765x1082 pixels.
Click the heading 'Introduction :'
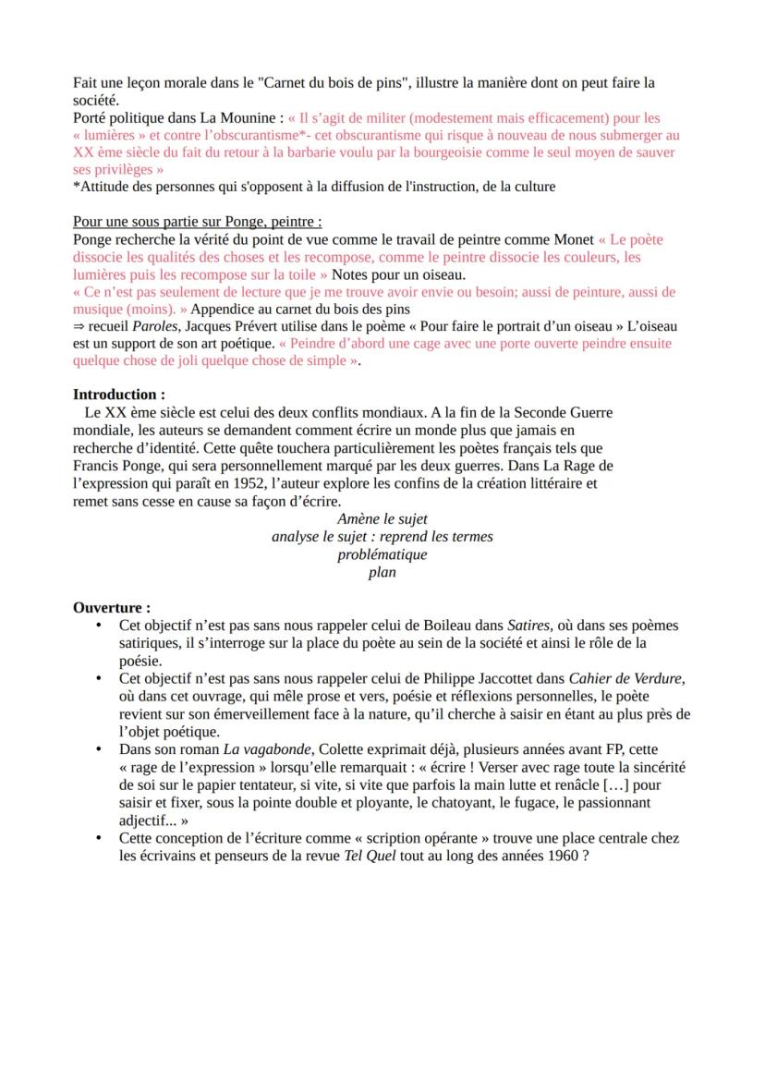[119, 394]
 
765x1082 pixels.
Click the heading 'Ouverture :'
[112, 608]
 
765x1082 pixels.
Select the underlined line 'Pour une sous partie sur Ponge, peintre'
[197, 222]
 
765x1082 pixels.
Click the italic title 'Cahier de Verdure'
[625, 678]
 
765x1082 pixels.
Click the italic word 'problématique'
[382, 554]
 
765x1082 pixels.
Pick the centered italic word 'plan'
[382, 572]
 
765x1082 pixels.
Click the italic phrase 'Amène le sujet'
[382, 519]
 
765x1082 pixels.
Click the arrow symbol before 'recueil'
[79, 326]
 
